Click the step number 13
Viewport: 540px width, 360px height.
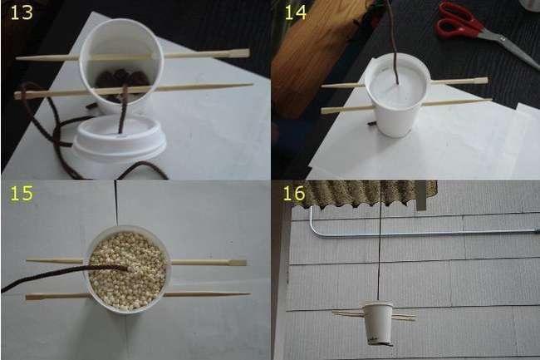click(x=22, y=12)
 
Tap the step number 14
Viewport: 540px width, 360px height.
click(x=296, y=12)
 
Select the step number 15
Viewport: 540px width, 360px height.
click(x=22, y=193)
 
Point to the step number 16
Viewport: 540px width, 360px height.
click(x=294, y=193)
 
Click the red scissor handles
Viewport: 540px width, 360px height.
click(x=458, y=20)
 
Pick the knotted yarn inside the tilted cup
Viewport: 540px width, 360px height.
click(x=121, y=80)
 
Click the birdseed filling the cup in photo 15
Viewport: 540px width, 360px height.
click(x=128, y=271)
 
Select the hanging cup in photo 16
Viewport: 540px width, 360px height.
click(x=379, y=323)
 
